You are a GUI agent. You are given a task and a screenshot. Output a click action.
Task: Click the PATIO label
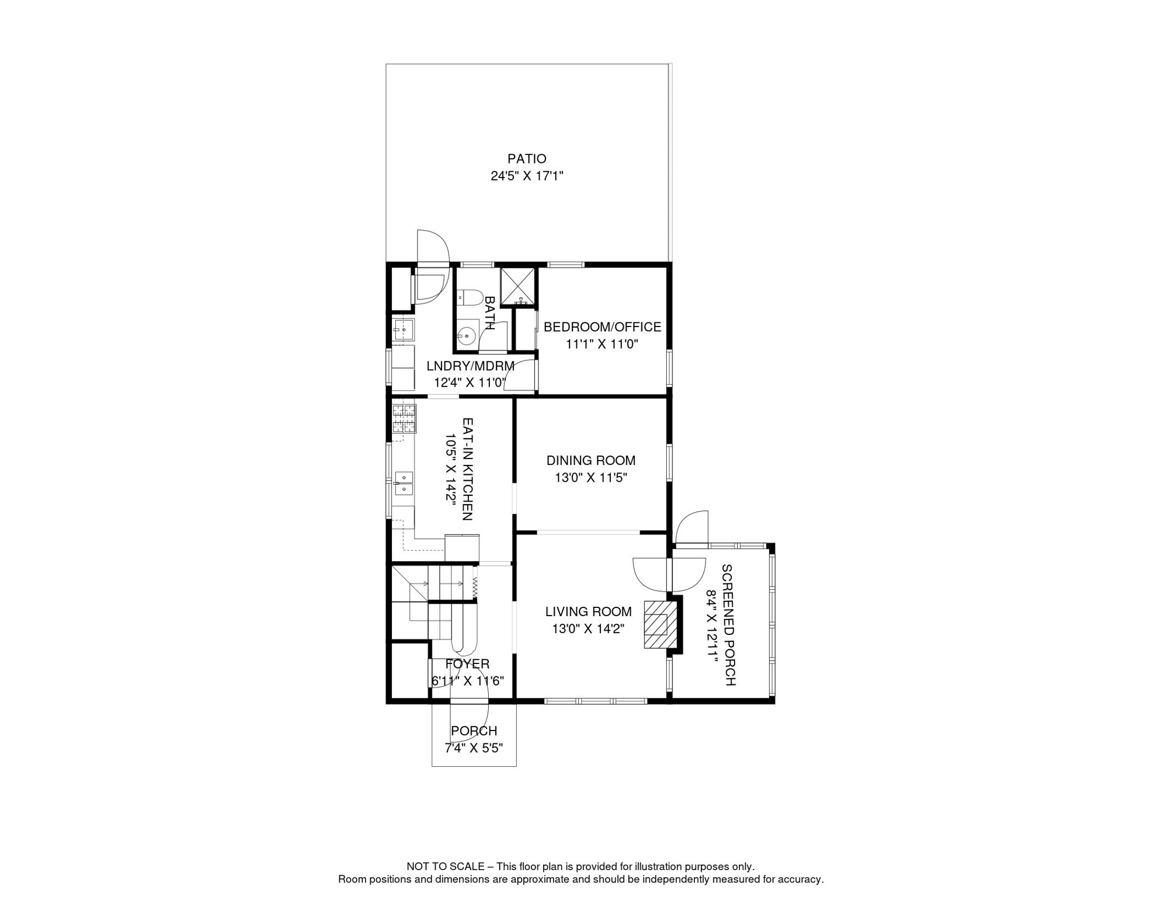pyautogui.click(x=526, y=159)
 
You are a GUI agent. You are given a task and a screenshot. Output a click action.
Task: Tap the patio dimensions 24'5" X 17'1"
pyautogui.click(x=526, y=176)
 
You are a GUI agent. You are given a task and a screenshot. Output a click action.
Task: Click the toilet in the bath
pyautogui.click(x=469, y=297)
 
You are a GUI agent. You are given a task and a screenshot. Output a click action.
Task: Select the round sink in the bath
pyautogui.click(x=466, y=336)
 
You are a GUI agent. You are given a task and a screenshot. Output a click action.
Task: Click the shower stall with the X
pyautogui.click(x=517, y=286)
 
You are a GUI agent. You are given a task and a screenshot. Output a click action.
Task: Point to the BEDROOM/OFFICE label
pyautogui.click(x=602, y=327)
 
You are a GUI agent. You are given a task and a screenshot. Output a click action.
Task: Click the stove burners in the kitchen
pyautogui.click(x=404, y=419)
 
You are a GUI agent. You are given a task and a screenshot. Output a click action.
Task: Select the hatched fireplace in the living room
pyautogui.click(x=656, y=624)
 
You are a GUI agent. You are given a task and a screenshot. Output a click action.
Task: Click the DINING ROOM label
pyautogui.click(x=590, y=460)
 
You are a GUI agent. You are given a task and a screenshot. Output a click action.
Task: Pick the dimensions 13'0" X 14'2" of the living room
pyautogui.click(x=588, y=629)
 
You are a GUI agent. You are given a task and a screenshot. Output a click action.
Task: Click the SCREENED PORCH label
pyautogui.click(x=728, y=624)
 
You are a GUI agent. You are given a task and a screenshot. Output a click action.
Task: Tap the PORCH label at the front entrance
pyautogui.click(x=474, y=731)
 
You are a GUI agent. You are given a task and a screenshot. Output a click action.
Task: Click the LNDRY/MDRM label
pyautogui.click(x=470, y=366)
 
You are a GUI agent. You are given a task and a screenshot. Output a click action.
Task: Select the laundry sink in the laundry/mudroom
pyautogui.click(x=402, y=330)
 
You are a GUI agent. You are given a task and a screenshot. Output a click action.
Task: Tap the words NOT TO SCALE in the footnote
pyautogui.click(x=446, y=867)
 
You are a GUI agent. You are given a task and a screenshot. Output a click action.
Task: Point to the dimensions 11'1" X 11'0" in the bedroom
pyautogui.click(x=602, y=344)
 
